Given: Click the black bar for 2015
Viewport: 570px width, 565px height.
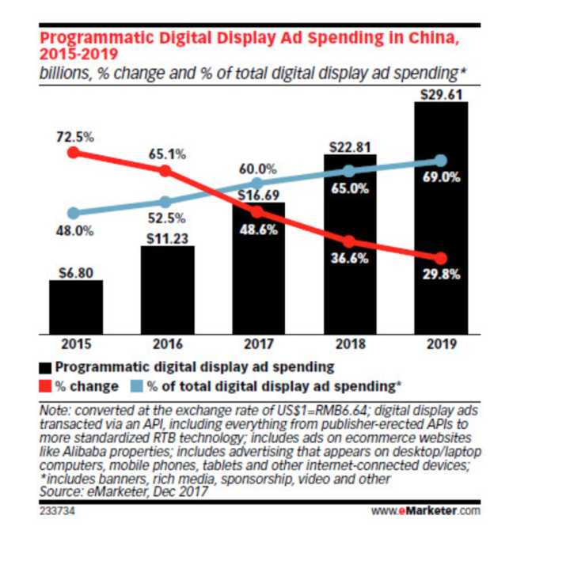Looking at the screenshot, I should pos(75,306).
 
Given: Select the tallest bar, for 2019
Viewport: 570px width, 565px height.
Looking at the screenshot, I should pos(441,218).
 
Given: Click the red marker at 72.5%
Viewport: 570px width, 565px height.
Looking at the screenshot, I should pos(74,153).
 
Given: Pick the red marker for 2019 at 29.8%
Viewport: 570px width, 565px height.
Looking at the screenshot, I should pos(441,258).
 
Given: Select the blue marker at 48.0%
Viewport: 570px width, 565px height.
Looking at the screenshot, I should pos(74,213).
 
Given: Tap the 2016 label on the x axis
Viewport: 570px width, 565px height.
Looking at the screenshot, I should pos(166,344).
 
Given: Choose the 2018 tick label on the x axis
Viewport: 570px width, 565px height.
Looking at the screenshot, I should pos(350,344).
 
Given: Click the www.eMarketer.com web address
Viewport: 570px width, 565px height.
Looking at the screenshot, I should pos(426,510).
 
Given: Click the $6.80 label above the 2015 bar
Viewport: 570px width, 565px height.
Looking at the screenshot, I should pos(75,271).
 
